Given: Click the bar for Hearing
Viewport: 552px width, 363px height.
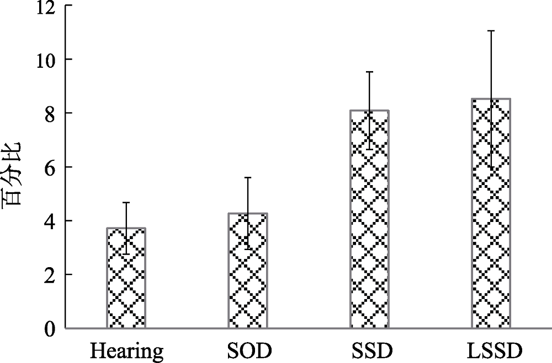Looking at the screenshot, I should [126, 278].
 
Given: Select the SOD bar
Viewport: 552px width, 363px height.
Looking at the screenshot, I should [248, 271].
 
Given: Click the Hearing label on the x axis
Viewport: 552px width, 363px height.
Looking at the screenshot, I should [126, 350].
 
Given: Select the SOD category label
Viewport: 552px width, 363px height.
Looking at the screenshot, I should [248, 350].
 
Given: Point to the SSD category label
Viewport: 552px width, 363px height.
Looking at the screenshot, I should [369, 350].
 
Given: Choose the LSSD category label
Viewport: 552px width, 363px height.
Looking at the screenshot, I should [491, 350].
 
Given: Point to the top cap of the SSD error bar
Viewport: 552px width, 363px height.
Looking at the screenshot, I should [369, 72].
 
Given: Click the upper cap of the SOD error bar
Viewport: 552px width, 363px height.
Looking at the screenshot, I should [248, 177].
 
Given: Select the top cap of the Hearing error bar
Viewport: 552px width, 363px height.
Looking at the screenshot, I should [126, 203].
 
